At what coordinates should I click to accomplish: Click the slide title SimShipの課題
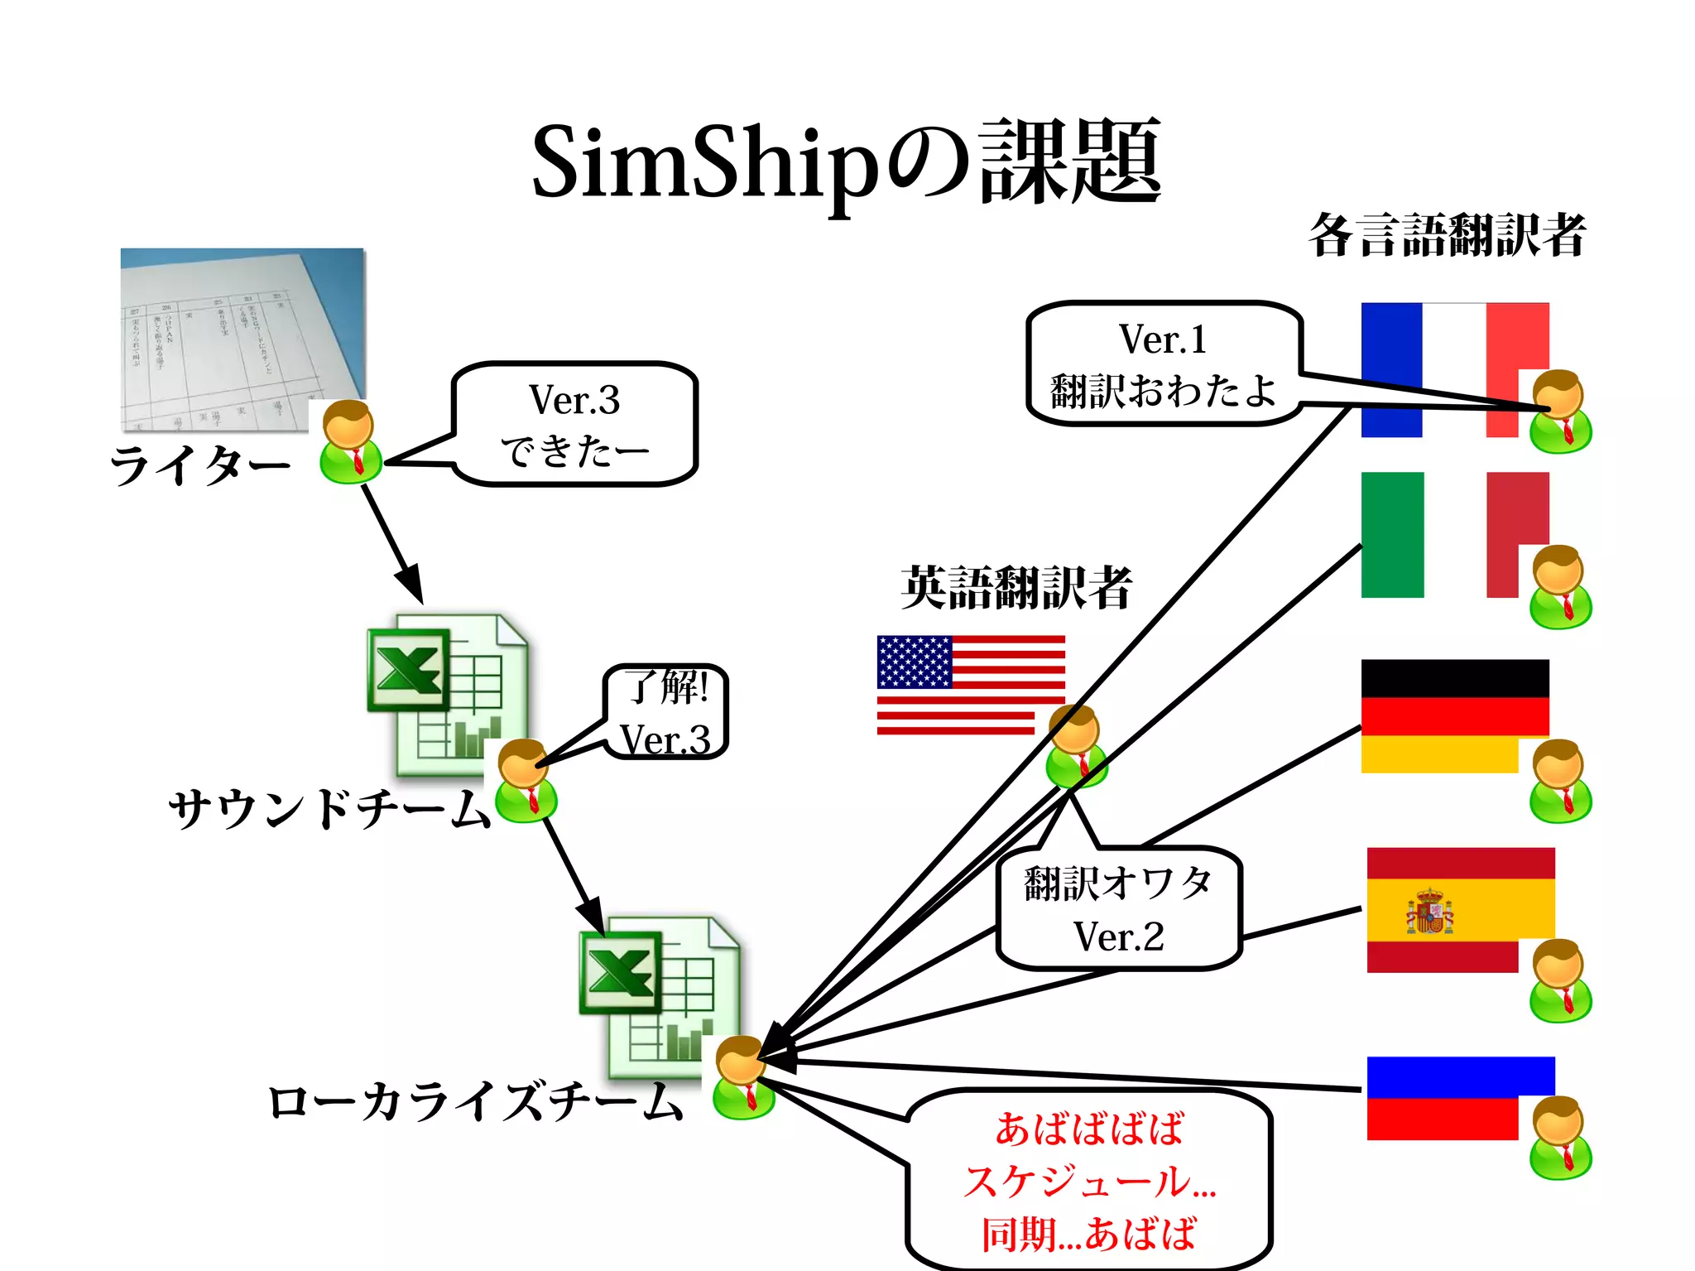pos(846,163)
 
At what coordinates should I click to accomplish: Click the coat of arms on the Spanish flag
pos(1429,911)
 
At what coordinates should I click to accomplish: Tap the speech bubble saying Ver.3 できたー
pos(574,424)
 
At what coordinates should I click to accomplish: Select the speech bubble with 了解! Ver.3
pos(667,712)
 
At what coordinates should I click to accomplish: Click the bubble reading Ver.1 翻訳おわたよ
pos(1163,364)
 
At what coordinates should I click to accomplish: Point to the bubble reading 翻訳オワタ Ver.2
pos(1119,908)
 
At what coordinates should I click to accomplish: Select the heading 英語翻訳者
pos(1016,588)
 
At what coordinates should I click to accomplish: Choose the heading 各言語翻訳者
pos(1447,235)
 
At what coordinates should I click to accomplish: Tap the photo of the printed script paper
pos(242,339)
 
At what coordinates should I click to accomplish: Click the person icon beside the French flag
pos(1559,412)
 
